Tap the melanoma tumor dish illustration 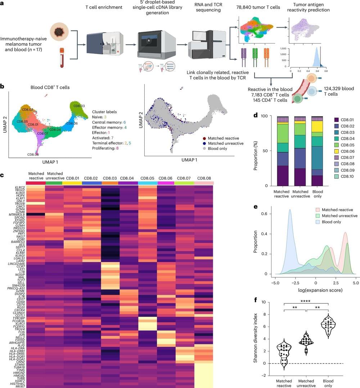pyautogui.click(x=59, y=31)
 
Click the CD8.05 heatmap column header pyautogui.click(x=147, y=178)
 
